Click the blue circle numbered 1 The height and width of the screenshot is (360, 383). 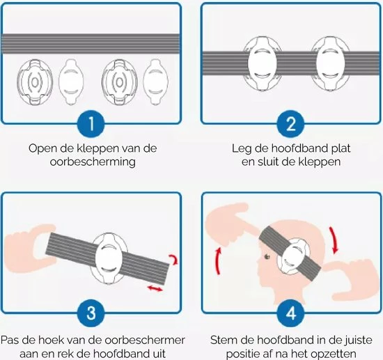91,123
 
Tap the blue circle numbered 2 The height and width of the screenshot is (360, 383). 290,123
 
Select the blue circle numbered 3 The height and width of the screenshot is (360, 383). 91,313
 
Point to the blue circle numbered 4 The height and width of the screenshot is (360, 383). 290,313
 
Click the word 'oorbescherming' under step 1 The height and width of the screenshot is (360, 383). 93,162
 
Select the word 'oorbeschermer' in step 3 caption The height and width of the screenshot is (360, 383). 146,341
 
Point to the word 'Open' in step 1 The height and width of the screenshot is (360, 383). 41,149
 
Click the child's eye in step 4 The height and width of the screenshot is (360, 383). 267,256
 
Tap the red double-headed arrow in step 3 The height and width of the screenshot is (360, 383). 155,288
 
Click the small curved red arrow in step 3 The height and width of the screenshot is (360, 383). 174,259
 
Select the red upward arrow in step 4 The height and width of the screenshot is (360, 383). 217,261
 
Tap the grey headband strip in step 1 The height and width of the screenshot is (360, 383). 91,44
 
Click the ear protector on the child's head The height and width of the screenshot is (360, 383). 293,257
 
